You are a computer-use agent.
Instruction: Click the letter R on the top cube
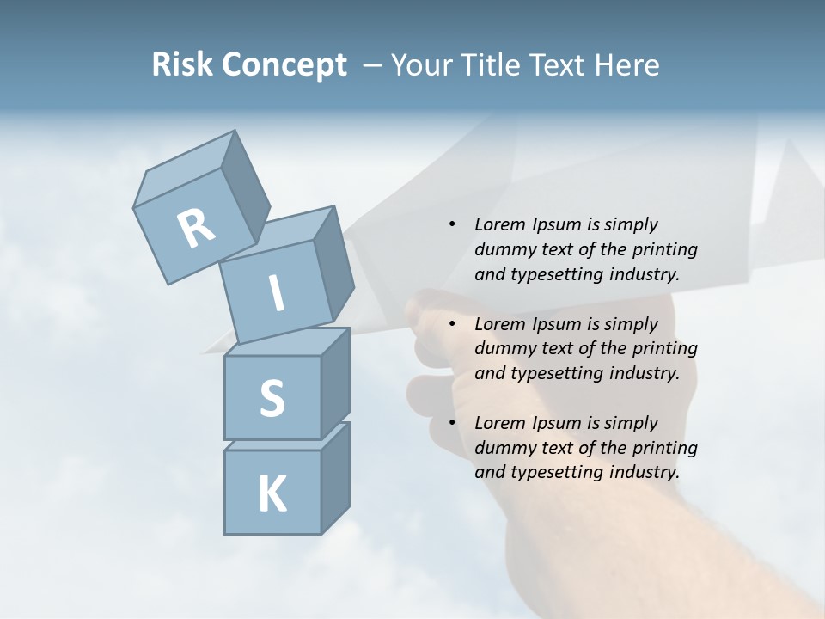[x=196, y=229]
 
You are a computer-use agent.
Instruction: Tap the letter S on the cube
[x=272, y=398]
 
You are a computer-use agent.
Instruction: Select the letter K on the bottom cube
[x=272, y=493]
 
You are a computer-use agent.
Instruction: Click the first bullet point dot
[x=452, y=224]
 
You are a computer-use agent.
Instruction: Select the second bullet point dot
[x=452, y=324]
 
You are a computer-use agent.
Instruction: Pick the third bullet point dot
[x=452, y=423]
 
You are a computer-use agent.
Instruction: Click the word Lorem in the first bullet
[x=499, y=224]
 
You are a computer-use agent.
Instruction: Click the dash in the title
[x=373, y=65]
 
